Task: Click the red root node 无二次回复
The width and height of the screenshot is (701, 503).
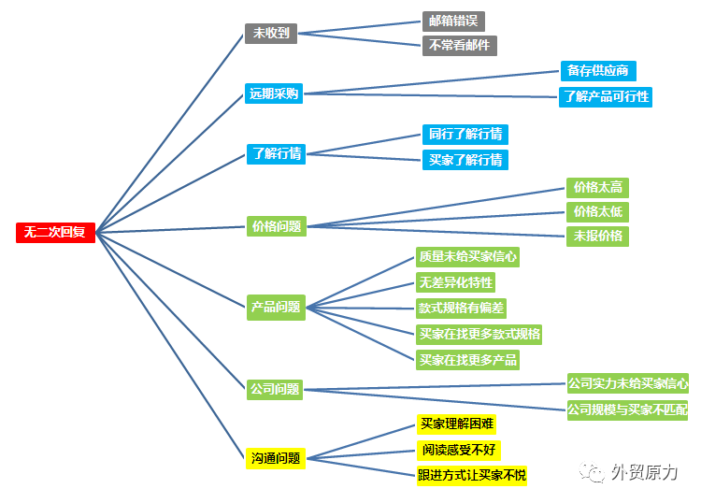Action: (55, 233)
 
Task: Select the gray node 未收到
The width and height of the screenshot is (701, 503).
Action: (271, 33)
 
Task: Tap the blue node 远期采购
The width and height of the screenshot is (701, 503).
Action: (274, 93)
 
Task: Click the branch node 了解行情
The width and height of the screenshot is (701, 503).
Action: (277, 154)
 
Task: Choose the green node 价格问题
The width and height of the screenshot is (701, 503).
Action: (277, 226)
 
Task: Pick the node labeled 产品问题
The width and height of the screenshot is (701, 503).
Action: (276, 308)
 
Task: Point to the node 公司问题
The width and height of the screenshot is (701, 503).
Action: (275, 390)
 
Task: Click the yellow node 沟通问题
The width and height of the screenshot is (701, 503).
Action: (276, 458)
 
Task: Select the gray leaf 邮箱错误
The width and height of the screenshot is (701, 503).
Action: (453, 21)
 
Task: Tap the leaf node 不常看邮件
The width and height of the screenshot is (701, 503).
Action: (460, 46)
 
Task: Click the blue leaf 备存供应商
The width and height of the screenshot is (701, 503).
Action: (598, 71)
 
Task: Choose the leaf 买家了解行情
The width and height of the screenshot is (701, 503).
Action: (465, 160)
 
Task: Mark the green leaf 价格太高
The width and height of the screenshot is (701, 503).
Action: (598, 188)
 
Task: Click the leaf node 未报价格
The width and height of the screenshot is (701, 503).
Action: (598, 237)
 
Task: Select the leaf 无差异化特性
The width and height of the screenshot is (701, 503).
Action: (455, 282)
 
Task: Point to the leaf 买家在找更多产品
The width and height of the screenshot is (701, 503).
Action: (467, 360)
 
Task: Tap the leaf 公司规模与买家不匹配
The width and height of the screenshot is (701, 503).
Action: (628, 410)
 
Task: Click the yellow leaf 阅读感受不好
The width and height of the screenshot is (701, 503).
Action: (459, 451)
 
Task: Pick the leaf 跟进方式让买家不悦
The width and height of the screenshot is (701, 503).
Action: (472, 475)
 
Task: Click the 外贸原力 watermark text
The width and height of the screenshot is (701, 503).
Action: (644, 472)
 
